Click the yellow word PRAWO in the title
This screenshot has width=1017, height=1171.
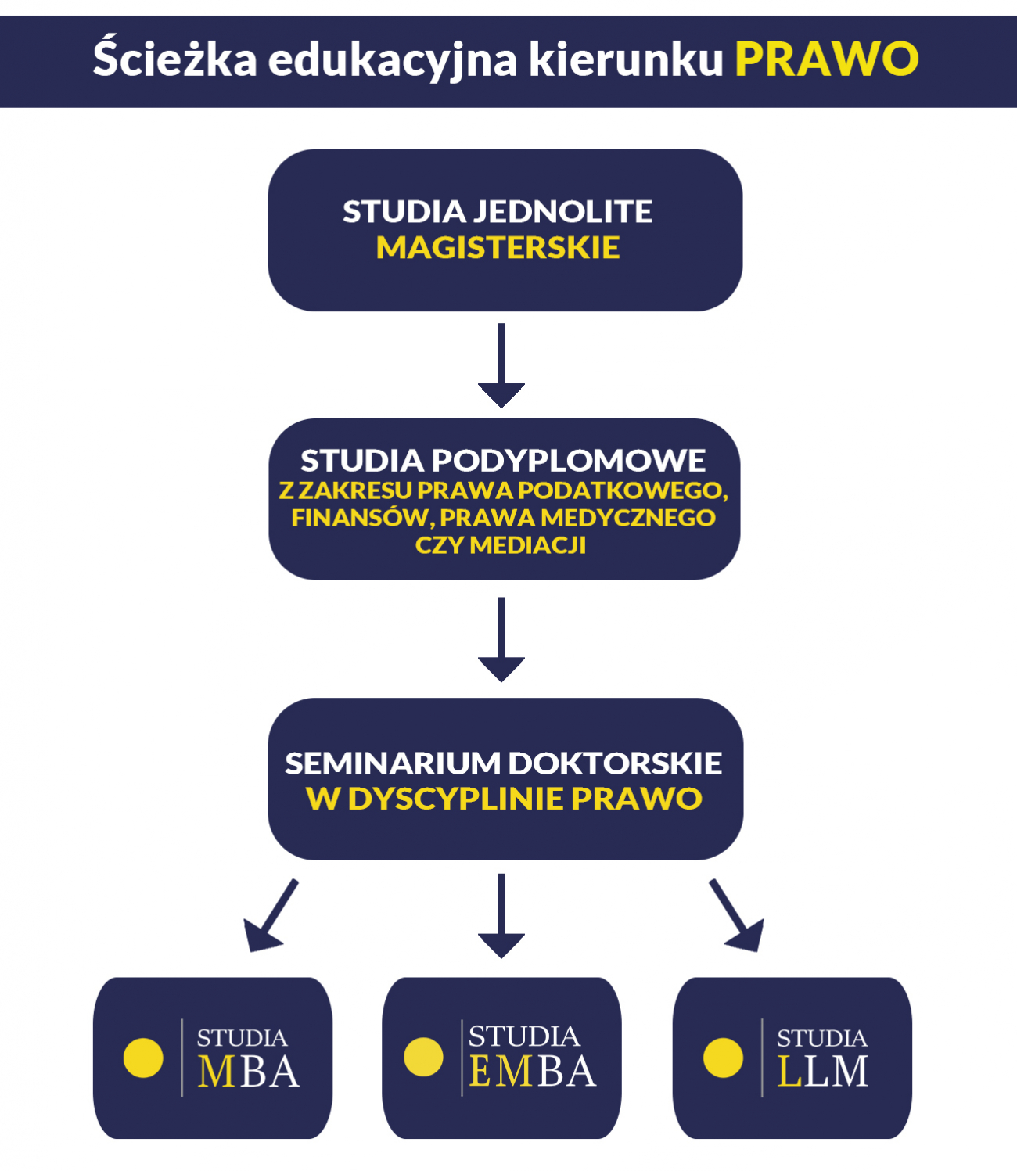826,59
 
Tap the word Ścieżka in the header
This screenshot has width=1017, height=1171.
175,56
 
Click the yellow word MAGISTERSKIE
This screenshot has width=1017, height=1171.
498,248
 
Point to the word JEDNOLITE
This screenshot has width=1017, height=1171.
562,212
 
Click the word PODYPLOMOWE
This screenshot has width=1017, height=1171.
568,461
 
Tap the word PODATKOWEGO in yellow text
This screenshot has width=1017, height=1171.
623,491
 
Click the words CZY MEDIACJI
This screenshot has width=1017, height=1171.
501,545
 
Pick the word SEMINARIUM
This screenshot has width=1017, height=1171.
393,764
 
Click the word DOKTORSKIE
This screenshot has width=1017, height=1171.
615,764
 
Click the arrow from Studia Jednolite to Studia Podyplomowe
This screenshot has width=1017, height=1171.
501,365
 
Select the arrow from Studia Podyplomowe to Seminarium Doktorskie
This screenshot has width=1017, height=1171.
501,639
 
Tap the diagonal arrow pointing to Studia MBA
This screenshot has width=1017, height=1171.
270,916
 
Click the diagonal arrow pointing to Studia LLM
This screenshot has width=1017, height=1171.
737,916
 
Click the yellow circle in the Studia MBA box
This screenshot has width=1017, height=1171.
143,1058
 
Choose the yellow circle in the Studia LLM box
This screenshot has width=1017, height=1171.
723,1058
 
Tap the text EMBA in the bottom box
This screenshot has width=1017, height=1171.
533,1072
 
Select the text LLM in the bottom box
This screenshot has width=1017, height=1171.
822,1072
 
